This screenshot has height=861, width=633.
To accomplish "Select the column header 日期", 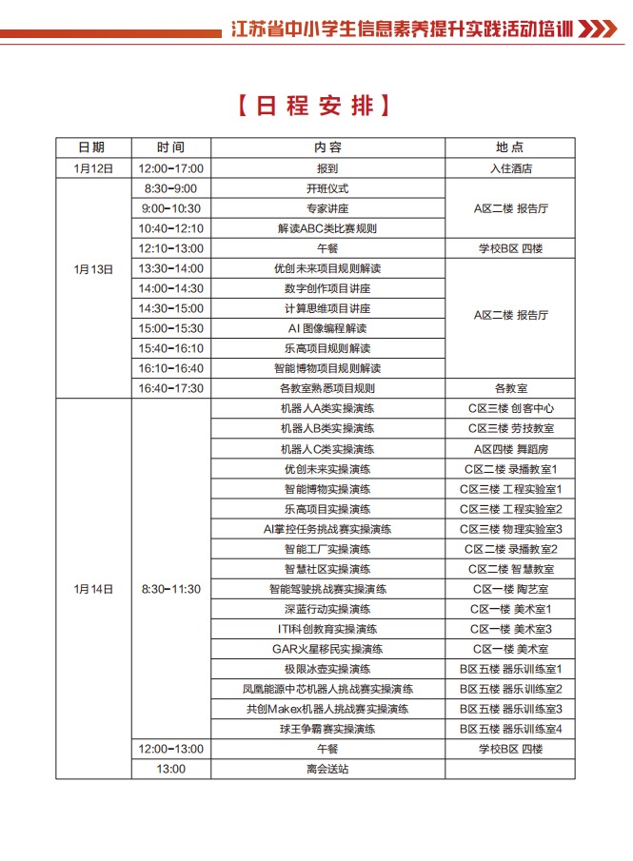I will [91, 147].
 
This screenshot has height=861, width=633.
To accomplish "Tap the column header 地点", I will [509, 147].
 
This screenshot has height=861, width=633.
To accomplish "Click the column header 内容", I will [327, 147].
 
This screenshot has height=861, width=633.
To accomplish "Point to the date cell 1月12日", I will [91, 168].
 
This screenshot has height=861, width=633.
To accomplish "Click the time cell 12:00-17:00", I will [171, 168].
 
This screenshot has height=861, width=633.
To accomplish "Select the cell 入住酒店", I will [509, 168].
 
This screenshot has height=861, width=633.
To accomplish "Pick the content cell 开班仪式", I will [327, 188].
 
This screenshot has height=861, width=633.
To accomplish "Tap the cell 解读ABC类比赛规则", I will [327, 228].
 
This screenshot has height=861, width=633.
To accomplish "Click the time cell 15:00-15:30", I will [171, 328].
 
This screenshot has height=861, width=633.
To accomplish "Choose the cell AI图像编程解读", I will [327, 328].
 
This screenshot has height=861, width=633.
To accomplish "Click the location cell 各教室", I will [510, 388].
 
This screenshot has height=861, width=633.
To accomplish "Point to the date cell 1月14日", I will [92, 589].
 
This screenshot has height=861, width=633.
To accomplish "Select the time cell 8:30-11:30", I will [171, 589].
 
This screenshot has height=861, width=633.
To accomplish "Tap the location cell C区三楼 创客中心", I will [510, 408].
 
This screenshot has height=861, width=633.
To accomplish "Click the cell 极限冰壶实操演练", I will [327, 669].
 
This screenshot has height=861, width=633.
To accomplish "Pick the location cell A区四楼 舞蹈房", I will [510, 448].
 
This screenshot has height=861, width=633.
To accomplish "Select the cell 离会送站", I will [327, 769].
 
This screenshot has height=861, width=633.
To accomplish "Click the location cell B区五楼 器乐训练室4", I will [510, 729].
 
